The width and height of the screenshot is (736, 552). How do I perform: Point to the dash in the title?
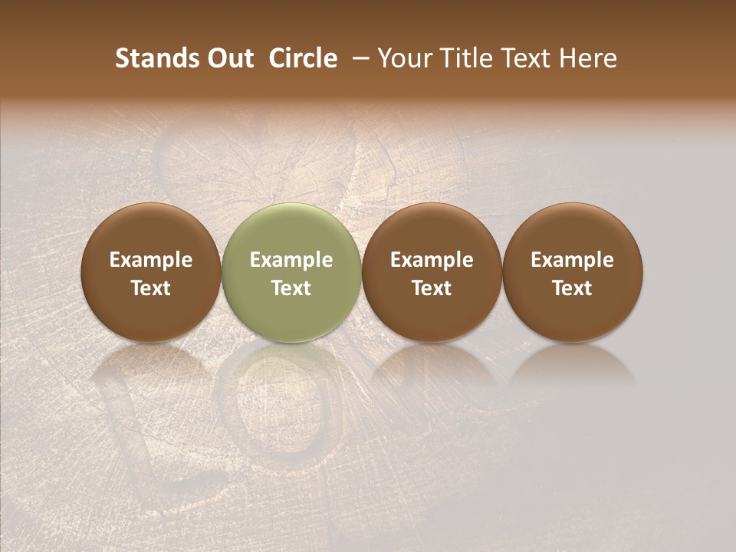pyautogui.click(x=357, y=58)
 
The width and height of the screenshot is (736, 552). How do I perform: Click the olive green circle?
pyautogui.click(x=291, y=230)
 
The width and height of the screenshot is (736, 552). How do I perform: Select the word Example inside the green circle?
pyautogui.click(x=291, y=260)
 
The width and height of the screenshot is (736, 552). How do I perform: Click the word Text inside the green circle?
pyautogui.click(x=291, y=288)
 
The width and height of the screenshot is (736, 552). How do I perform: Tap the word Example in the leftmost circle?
pyautogui.click(x=151, y=260)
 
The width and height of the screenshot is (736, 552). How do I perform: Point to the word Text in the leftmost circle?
pyautogui.click(x=151, y=288)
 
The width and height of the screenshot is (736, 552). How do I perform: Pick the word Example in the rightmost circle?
pyautogui.click(x=572, y=260)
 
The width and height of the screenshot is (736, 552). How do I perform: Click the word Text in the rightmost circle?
pyautogui.click(x=572, y=288)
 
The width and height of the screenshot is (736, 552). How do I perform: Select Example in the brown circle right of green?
pyautogui.click(x=432, y=260)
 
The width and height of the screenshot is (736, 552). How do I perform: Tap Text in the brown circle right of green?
pyautogui.click(x=432, y=288)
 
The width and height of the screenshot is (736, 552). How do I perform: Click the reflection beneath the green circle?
pyautogui.click(x=291, y=364)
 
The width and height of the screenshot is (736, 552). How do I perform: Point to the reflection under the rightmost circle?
pyautogui.click(x=572, y=364)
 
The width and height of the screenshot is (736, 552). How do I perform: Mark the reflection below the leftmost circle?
pyautogui.click(x=151, y=364)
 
